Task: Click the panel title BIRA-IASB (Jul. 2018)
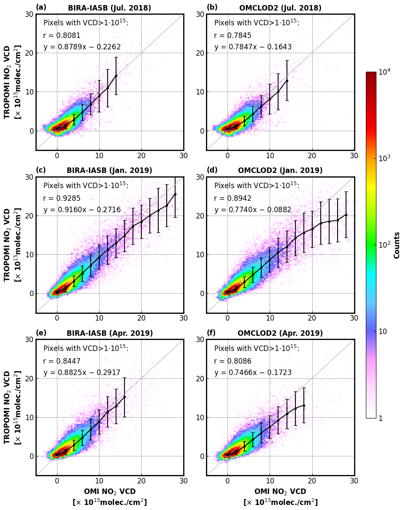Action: point(109,8)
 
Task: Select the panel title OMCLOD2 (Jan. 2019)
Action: point(280,170)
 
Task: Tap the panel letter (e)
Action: point(41,333)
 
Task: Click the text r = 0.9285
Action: point(62,198)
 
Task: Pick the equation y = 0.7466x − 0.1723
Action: point(253,372)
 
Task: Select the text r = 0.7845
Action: point(233,35)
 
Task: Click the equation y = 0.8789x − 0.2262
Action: point(82,47)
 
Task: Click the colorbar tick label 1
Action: point(381,418)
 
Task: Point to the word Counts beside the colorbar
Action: point(397,245)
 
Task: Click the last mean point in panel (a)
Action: point(116,76)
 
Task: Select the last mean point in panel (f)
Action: point(304,405)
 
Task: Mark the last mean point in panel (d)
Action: point(346,215)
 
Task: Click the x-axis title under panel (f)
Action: point(280,497)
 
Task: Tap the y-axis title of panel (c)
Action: point(12,245)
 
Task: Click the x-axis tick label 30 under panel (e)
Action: point(183,480)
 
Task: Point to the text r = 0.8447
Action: point(62,361)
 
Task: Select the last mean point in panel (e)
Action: point(124,397)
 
